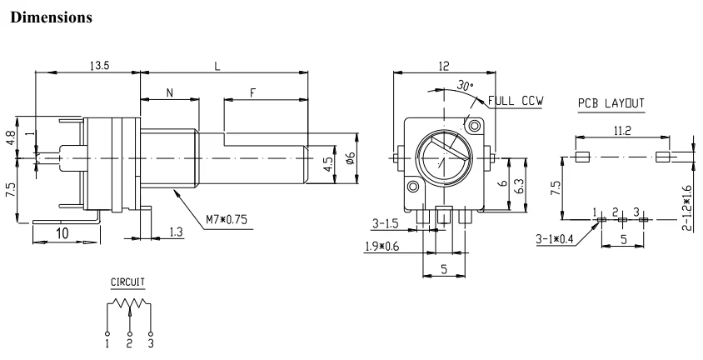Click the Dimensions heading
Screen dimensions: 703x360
[51, 17]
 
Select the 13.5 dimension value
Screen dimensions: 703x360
[99, 66]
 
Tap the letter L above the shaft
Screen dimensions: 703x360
[217, 67]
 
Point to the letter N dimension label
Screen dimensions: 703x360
[169, 93]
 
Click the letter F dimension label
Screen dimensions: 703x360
[253, 93]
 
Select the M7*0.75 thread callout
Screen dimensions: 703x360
[227, 220]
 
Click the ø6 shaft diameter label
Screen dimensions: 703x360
[351, 157]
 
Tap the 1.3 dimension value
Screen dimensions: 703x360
[177, 232]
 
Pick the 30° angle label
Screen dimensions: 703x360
[466, 85]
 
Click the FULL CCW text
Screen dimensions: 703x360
[516, 101]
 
